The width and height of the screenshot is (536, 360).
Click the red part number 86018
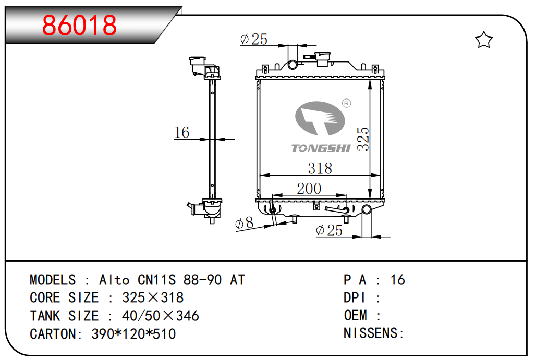79,26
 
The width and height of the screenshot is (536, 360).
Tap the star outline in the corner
484,40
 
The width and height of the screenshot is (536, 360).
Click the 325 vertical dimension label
363,139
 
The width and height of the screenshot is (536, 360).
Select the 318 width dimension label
320,168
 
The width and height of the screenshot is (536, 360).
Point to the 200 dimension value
309,189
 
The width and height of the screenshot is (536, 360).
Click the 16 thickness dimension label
181,132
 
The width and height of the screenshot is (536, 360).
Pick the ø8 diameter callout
244,223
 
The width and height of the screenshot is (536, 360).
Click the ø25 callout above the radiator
253,39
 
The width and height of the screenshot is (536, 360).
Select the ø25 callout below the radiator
329,231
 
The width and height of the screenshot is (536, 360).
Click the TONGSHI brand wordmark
321,148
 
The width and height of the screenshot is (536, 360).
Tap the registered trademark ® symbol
346,103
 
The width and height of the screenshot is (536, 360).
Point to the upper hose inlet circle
293,64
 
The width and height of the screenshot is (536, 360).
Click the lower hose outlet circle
367,209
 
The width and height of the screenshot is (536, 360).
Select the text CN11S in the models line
156,280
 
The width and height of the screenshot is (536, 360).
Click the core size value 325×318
153,298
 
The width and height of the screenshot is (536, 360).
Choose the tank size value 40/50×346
160,316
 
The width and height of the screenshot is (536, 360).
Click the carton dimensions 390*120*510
133,334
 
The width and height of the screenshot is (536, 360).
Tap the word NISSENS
371,333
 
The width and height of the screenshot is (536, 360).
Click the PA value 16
397,280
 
